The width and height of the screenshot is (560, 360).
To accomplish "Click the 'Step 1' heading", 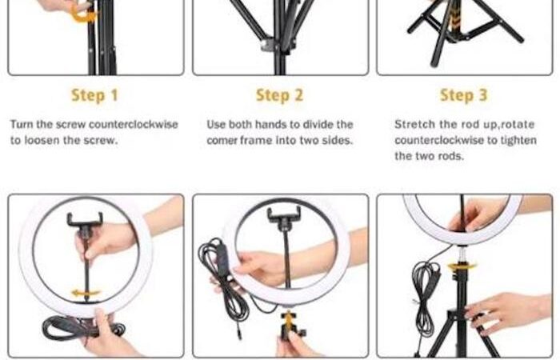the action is point(94,95).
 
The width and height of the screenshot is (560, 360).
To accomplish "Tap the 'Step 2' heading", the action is point(279,95).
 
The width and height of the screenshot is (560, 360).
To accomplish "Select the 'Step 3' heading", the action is point(463,95).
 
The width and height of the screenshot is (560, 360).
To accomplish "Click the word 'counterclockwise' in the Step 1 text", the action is point(134,124).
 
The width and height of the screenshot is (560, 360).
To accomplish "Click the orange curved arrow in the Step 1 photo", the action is point(83,14).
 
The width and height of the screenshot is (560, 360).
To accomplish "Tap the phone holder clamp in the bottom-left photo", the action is point(85,220).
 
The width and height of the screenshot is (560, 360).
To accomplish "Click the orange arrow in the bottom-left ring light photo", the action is point(86,294).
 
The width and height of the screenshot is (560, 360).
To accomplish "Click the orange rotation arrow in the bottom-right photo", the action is point(462,266).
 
